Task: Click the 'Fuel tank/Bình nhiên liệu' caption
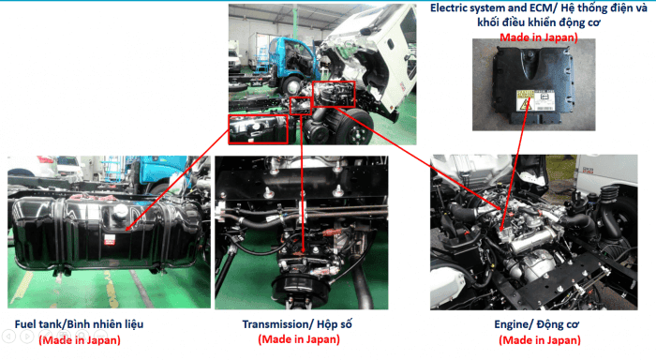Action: point(79,324)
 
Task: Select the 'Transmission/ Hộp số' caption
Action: point(297,324)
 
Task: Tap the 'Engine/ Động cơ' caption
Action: point(537,324)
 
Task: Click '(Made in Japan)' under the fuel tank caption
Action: point(80,340)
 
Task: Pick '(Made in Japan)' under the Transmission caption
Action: point(299,339)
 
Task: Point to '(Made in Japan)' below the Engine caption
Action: point(540,340)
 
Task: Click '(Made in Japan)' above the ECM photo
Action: point(539,37)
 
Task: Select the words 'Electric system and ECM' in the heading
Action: point(493,8)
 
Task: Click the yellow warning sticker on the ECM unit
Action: point(525,100)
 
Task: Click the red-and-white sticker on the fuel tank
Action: point(110,239)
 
